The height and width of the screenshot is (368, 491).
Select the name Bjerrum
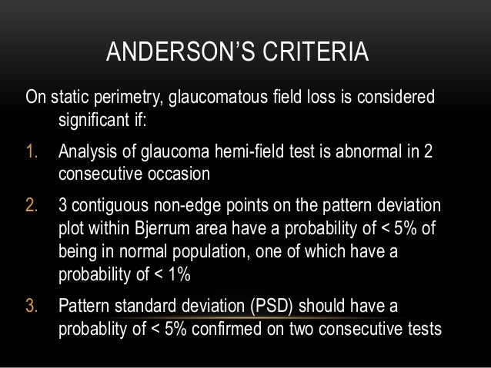(x=164, y=230)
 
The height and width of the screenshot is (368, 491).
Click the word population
(x=228, y=253)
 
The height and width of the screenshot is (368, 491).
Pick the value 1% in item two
(x=177, y=275)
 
